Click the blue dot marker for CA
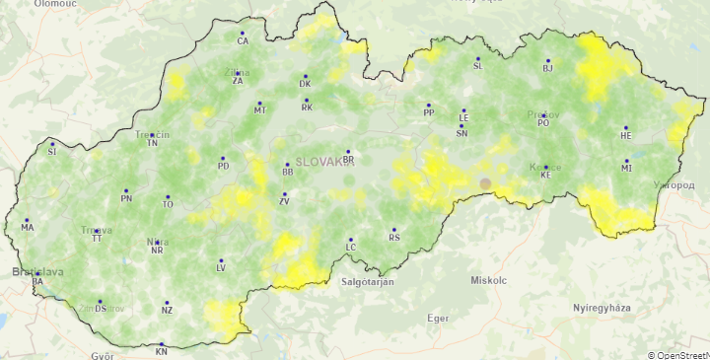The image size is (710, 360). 242,34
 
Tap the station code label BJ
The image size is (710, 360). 548,69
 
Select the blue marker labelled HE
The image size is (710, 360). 625,128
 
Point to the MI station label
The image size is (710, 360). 626,169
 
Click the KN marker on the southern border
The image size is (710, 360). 162,345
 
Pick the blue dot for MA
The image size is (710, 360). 27,220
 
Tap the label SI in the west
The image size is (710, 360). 52,152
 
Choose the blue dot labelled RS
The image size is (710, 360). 393,230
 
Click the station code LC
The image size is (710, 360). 350,246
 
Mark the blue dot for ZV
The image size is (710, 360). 284,193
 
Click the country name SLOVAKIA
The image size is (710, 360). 324,162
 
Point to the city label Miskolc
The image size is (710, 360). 488,281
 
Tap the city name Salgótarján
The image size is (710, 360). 367,282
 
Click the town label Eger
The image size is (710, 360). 438,319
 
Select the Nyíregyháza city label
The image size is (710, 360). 602,308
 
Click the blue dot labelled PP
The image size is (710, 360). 429,105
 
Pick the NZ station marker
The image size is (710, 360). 167,303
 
